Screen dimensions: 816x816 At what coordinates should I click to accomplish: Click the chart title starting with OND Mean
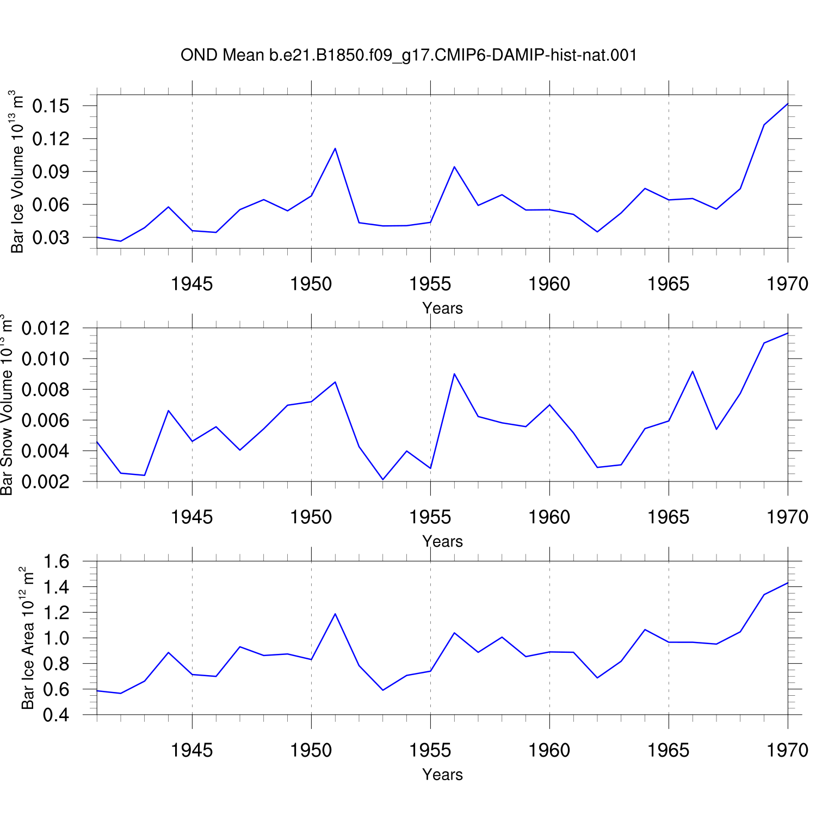click(409, 55)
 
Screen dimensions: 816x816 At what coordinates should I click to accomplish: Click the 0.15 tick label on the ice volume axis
click(51, 106)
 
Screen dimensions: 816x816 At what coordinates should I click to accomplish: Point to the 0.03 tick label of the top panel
click(51, 238)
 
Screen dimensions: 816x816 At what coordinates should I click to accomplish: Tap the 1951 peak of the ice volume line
click(335, 148)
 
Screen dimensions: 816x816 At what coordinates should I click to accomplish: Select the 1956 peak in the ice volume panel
click(454, 166)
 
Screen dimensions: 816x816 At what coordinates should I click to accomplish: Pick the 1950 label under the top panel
click(311, 284)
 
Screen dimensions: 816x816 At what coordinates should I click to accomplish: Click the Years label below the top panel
click(442, 308)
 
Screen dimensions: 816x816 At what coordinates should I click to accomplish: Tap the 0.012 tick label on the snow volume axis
click(46, 328)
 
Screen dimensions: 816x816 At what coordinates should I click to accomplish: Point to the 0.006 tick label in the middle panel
click(46, 420)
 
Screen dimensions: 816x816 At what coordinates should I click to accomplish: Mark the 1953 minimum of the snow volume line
click(383, 479)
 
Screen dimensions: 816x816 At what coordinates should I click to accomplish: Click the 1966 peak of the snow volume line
click(693, 371)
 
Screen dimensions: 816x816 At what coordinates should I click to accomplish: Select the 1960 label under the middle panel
click(549, 517)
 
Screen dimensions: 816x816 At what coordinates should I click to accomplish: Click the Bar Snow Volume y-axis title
click(7, 405)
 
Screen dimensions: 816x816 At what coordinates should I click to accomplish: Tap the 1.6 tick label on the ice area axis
click(56, 561)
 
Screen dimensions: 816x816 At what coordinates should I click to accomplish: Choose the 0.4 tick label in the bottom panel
click(56, 714)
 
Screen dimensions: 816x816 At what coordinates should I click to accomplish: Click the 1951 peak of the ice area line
click(335, 614)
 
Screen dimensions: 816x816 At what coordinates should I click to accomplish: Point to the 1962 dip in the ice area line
click(597, 677)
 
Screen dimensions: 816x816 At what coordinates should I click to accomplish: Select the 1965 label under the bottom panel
click(669, 750)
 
